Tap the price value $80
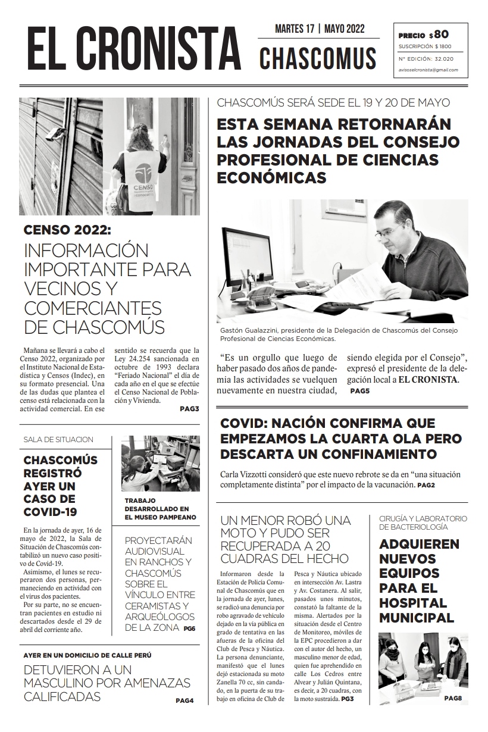442,35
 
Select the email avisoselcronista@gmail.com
428,70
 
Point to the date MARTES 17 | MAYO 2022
320,29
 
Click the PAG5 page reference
360,391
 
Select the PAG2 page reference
426,486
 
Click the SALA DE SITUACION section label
58,440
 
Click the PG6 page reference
189,628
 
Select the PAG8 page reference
452,697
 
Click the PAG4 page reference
184,700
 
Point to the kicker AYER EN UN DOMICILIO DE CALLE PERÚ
87,655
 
